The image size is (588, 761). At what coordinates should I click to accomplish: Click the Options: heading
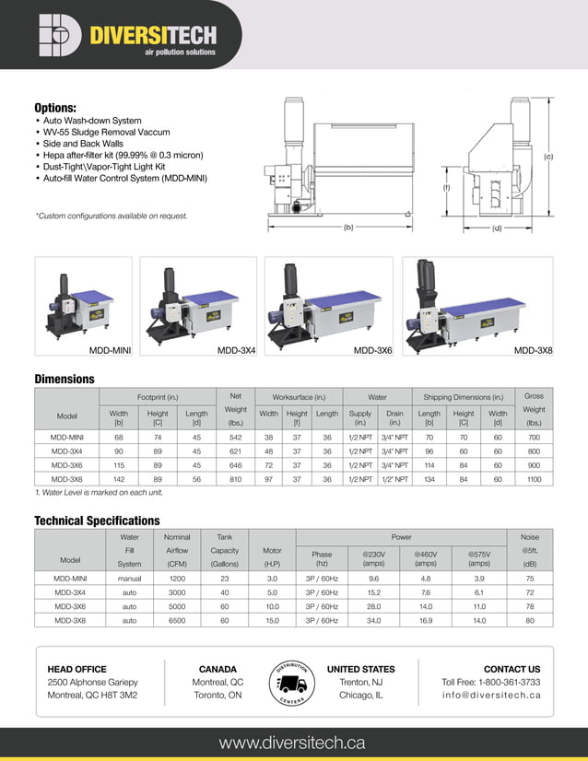[54, 108]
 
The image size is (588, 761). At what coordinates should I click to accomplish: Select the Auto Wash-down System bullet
[91, 121]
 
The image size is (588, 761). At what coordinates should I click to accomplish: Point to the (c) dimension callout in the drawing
[547, 157]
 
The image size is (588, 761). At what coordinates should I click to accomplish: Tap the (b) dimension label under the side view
[348, 226]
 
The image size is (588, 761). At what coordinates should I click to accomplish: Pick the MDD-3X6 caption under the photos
[373, 351]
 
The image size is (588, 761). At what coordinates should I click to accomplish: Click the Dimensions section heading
[65, 379]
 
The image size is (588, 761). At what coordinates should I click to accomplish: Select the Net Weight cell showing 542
[235, 438]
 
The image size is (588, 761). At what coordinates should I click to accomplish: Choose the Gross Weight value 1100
[534, 479]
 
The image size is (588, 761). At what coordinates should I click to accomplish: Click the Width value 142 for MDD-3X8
[118, 479]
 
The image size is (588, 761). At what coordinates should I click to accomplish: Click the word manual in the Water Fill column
[130, 579]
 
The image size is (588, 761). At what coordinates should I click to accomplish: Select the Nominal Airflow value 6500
[177, 620]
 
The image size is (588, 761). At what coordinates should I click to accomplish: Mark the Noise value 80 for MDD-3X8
[529, 620]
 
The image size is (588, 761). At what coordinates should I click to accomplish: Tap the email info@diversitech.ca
[491, 695]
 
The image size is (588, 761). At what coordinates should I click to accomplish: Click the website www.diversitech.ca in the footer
[292, 743]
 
